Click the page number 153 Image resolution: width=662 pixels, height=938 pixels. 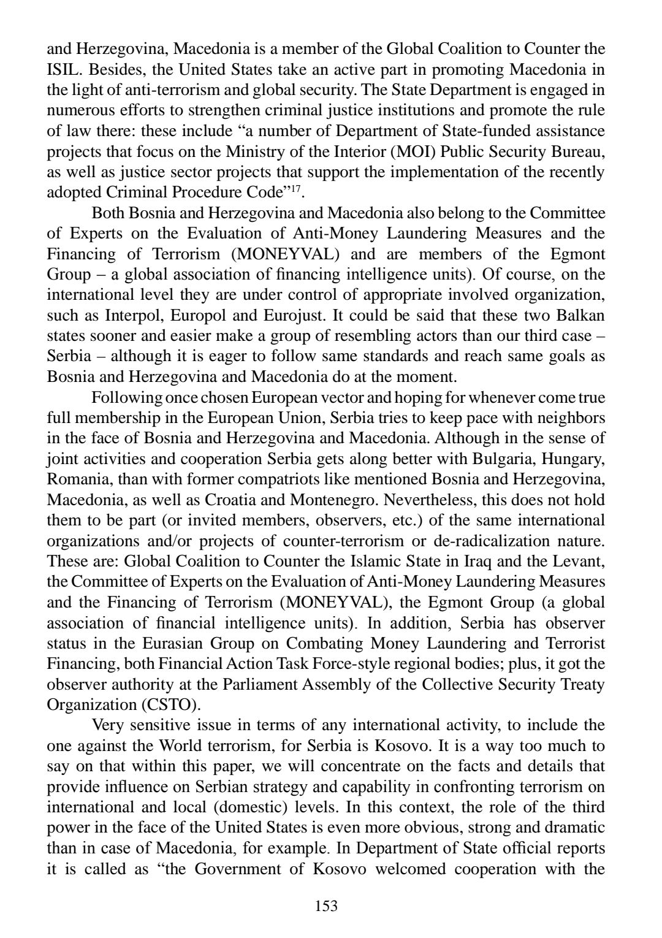326,906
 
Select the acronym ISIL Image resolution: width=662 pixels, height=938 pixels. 64,69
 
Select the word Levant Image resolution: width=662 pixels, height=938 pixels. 580,562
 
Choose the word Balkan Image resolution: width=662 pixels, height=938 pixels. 579,315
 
